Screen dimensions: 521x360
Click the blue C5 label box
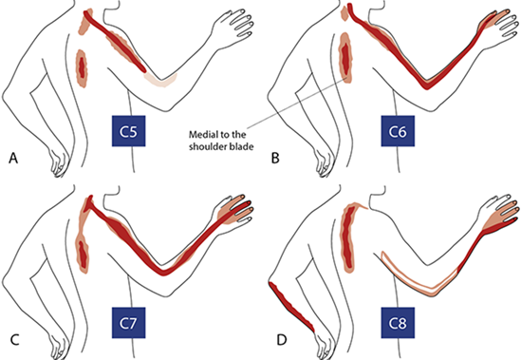coord(128,131)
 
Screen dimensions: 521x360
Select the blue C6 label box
coord(398,131)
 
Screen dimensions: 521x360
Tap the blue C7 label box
coord(128,323)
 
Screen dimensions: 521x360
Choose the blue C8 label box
coord(398,323)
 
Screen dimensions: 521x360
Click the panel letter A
coord(13,158)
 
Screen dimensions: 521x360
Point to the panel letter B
coord(275,158)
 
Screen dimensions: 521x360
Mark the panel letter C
coord(14,340)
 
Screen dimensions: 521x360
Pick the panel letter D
coord(281,340)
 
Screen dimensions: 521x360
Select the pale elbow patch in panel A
coord(160,81)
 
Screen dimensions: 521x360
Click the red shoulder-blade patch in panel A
coord(82,68)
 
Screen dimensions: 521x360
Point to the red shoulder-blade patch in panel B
coord(345,57)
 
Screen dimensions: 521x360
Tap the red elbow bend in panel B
coord(427,85)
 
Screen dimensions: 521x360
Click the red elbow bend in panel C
coord(163,271)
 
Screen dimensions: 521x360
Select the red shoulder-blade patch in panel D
coord(347,238)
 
